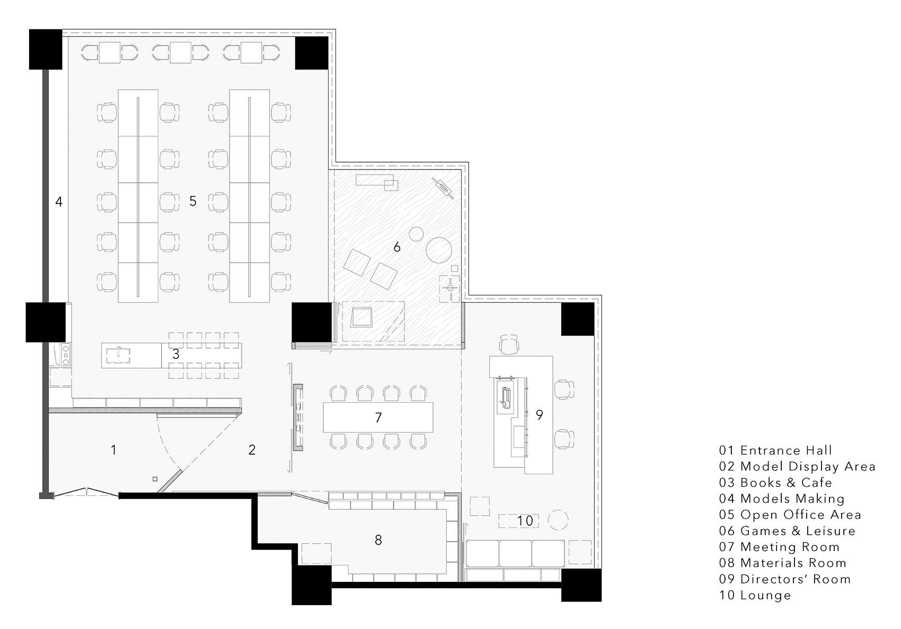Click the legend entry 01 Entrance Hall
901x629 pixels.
pos(775,450)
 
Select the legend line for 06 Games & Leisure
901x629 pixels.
pos(787,531)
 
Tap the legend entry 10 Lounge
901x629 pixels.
pos(755,595)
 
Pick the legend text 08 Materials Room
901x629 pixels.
pos(783,563)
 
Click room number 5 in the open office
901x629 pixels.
pos(193,201)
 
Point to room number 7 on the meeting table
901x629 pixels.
pos(378,418)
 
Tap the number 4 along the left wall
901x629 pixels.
pos(59,201)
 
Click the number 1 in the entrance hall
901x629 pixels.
pos(113,450)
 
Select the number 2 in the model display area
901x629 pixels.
pos(252,450)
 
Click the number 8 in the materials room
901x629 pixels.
pos(378,540)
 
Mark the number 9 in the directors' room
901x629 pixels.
pos(540,414)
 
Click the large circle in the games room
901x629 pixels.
pos(439,250)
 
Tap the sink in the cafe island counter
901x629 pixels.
pos(118,355)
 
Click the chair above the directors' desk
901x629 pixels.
pos(509,344)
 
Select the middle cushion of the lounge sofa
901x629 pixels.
pos(515,553)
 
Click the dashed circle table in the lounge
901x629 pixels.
pos(558,520)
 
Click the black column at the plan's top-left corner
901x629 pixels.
pos(46,49)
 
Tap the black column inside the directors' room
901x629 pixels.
pos(578,319)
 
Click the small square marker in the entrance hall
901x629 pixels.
pos(154,479)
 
